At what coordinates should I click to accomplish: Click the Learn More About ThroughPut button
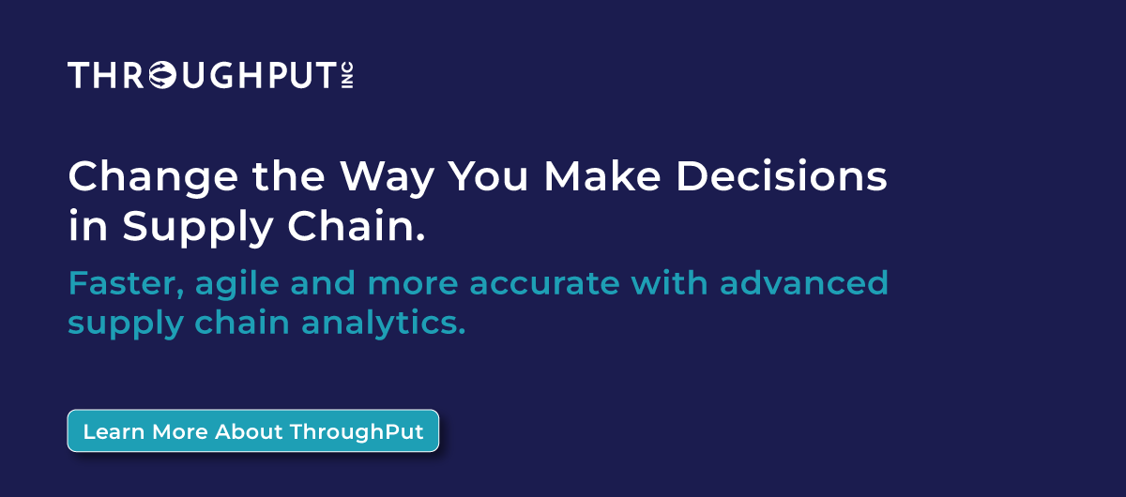252,431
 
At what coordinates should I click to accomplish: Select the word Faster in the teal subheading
125,282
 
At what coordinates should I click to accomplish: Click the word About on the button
249,432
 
